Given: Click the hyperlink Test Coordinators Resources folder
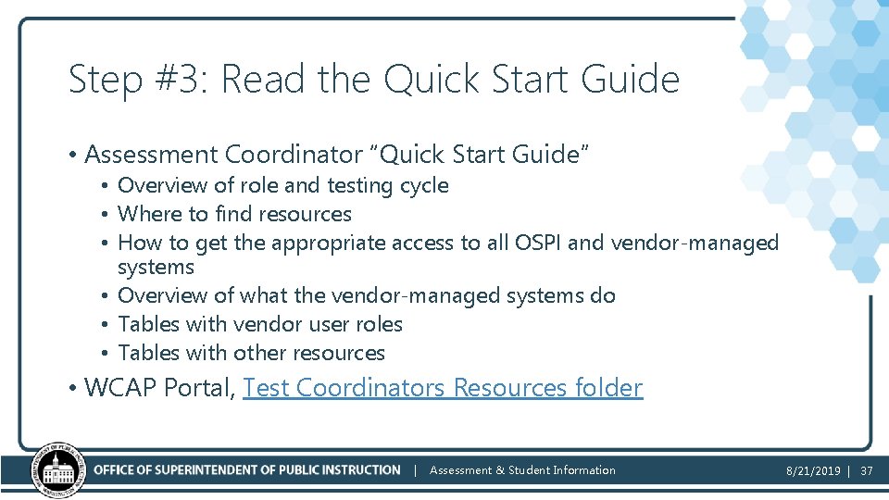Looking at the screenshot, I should [x=442, y=388].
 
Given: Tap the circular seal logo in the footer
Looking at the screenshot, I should [x=58, y=469].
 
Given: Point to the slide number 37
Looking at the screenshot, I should [x=866, y=470].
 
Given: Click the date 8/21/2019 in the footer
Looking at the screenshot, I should [x=813, y=470].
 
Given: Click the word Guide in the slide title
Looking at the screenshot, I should [x=630, y=81].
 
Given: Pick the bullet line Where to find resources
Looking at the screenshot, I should [x=234, y=214].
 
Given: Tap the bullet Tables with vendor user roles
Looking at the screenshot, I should [x=260, y=324].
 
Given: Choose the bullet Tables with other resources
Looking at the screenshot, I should [x=251, y=353].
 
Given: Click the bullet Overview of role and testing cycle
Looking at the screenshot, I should [x=282, y=185].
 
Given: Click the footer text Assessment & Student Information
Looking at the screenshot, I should [x=522, y=470].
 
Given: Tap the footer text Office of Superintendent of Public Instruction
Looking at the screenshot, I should [x=246, y=470].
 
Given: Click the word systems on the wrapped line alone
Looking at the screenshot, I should [x=156, y=268].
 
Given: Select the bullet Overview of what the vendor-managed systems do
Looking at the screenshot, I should [x=367, y=295].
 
